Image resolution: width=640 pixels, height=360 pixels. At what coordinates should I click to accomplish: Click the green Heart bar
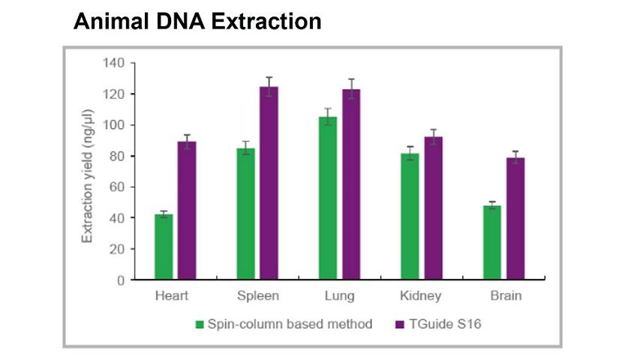coord(164,247)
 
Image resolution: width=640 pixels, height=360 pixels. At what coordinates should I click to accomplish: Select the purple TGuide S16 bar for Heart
coord(187,211)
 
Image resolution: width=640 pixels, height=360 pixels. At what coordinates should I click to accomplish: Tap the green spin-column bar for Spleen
coord(245,214)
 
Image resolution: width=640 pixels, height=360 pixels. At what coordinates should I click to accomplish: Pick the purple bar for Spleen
coord(269,184)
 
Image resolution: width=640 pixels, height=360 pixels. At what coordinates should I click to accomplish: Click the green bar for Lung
coord(328,199)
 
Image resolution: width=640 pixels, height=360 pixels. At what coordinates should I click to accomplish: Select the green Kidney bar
coord(410,217)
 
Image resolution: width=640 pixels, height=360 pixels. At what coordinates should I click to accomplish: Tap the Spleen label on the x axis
coord(257,295)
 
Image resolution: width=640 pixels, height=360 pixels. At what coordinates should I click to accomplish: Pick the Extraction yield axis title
coord(88,175)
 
